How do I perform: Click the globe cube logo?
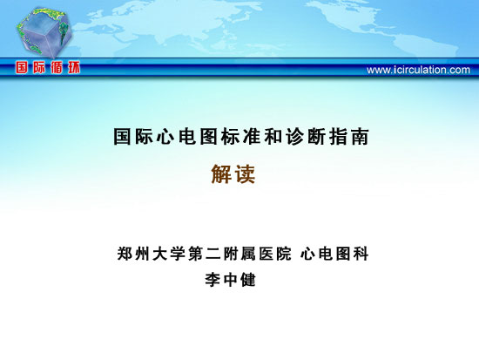tap(44, 31)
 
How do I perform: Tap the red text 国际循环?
tap(48, 68)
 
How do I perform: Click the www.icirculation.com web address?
tap(418, 70)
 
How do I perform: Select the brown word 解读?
tap(233, 174)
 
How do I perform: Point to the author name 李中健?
tap(230, 280)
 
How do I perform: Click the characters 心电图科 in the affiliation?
tap(334, 254)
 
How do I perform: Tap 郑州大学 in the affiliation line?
tap(152, 254)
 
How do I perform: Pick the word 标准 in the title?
tap(241, 136)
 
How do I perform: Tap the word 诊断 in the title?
tap(306, 136)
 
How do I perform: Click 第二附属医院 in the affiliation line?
tap(239, 254)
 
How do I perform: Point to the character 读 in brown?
tap(245, 174)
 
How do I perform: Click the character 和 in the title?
tap(273, 136)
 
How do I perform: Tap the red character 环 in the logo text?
tap(74, 68)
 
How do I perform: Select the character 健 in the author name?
tap(247, 280)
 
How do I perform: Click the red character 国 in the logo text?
tap(22, 68)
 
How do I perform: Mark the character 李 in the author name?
tap(213, 280)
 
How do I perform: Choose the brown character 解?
tap(221, 174)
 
